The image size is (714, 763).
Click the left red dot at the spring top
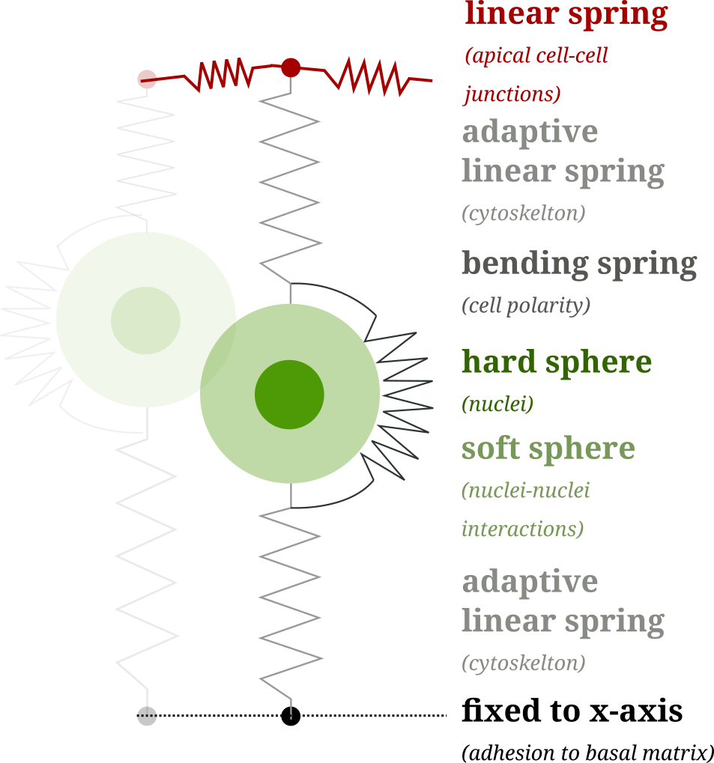click(147, 79)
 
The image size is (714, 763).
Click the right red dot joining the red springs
click(291, 68)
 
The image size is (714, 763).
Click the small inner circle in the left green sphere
click(145, 320)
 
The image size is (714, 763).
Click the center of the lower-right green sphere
click(290, 393)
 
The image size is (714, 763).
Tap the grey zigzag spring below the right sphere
click(291, 599)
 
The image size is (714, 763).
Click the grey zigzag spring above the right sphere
click(291, 187)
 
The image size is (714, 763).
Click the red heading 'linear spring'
click(566, 15)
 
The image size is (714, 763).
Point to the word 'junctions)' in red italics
click(512, 94)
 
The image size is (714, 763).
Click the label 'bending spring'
click(578, 264)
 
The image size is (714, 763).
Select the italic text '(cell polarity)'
click(525, 305)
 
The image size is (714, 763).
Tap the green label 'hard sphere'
click(556, 362)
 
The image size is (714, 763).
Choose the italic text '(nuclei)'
click(497, 404)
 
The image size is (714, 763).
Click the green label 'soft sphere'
click(548, 449)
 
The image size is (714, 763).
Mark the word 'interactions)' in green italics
click(522, 529)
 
